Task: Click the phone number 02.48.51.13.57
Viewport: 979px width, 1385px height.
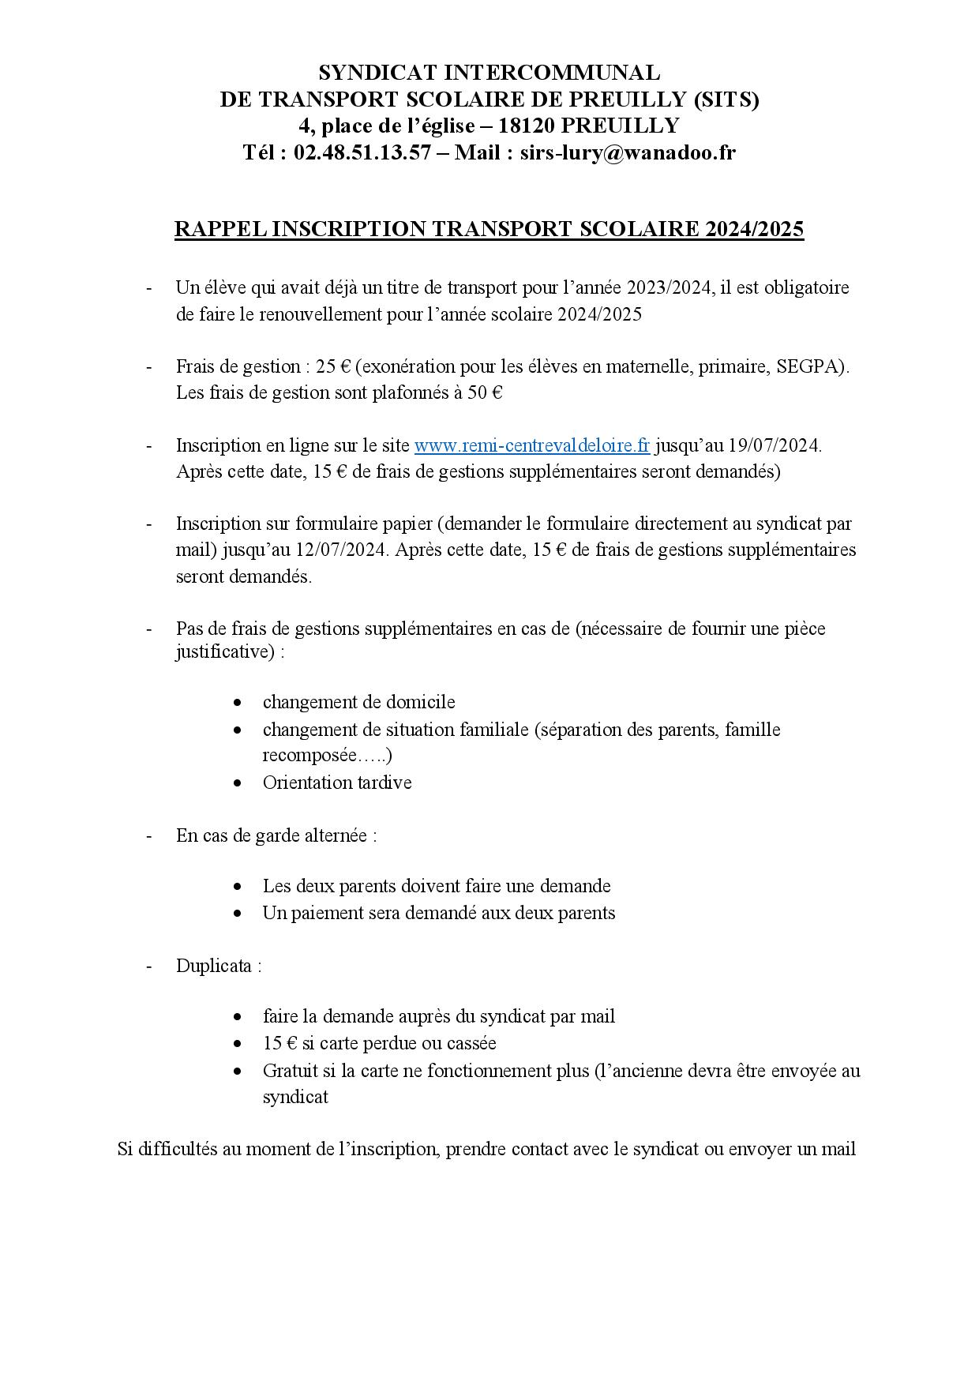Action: (x=362, y=152)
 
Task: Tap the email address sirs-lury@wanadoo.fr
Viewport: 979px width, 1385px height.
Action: (x=628, y=152)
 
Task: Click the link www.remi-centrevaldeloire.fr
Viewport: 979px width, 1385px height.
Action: (x=531, y=445)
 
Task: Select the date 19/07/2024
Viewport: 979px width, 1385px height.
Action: (x=773, y=445)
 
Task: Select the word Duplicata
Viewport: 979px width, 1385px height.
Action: (x=214, y=966)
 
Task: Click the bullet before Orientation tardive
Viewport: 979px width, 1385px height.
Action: (x=238, y=783)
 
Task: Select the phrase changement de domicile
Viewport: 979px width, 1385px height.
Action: (x=358, y=702)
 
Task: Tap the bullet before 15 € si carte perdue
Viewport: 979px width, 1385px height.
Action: (x=238, y=1043)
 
